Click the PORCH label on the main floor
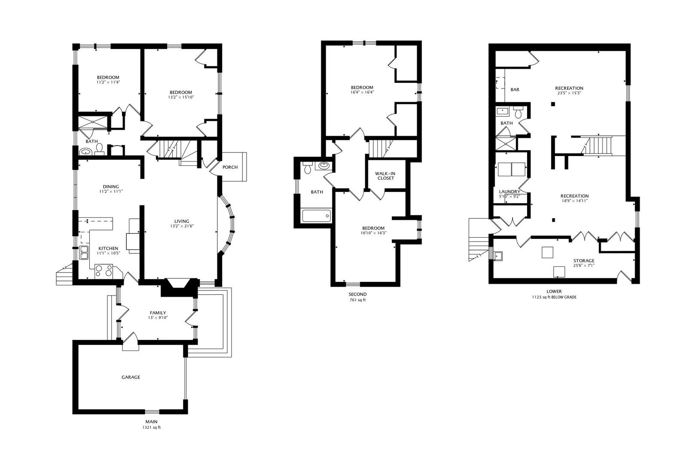coord(230,167)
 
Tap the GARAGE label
coord(131,377)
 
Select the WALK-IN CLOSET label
coord(385,176)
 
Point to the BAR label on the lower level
coord(515,90)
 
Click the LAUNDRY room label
coord(510,192)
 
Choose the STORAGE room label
coord(584,261)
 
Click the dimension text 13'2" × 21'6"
coord(182,226)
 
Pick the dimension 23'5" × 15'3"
coord(569,93)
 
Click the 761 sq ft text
coord(357,300)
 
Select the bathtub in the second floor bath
coord(317,215)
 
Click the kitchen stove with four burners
coord(104,271)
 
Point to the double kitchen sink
coord(83,253)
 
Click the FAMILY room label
coord(158,313)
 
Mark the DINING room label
coord(110,186)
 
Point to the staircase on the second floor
coord(380,149)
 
